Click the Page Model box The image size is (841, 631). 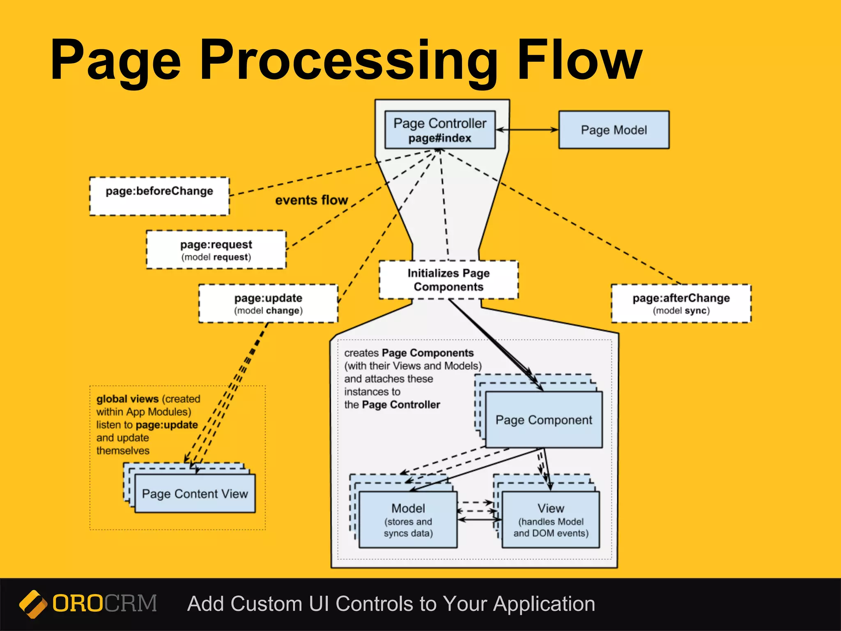(x=614, y=130)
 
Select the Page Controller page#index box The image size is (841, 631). (x=440, y=130)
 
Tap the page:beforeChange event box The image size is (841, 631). (x=159, y=196)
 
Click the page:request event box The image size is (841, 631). (x=216, y=250)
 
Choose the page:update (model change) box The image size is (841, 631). (x=268, y=303)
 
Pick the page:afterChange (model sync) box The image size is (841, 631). (x=681, y=303)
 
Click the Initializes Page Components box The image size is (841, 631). (x=448, y=279)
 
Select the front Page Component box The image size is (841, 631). (x=544, y=420)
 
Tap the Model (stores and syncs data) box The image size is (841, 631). (x=408, y=520)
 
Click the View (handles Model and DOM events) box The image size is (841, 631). (x=551, y=520)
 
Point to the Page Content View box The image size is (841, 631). (x=195, y=493)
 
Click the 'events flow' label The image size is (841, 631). (x=311, y=200)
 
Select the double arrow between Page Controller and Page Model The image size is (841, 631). (x=527, y=130)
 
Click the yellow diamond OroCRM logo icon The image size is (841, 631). (x=33, y=604)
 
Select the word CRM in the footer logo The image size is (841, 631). (x=131, y=603)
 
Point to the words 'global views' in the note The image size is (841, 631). (x=127, y=399)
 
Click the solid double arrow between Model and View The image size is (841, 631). (x=479, y=520)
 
